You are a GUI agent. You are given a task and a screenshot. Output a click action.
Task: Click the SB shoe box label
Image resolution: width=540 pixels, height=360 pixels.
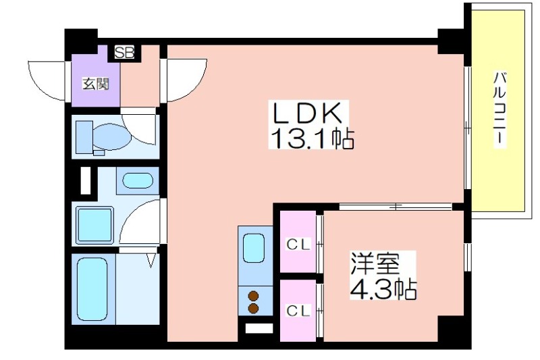pos(124,53)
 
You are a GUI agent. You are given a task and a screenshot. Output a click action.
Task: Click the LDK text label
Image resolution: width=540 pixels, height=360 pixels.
pos(308,113)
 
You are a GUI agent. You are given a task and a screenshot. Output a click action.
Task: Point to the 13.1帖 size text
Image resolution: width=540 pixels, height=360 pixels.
pos(312,138)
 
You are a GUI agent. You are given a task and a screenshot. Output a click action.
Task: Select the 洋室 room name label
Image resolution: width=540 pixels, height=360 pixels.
pos(375,264)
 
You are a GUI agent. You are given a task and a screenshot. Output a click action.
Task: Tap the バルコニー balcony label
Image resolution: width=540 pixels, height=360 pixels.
pos(500,109)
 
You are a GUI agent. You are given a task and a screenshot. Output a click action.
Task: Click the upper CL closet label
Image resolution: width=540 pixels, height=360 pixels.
pos(299,245)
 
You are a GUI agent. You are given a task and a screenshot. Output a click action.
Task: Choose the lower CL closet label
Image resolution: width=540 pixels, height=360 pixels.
pos(299,311)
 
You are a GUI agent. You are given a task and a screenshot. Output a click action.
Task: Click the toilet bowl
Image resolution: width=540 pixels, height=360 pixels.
pos(112,137)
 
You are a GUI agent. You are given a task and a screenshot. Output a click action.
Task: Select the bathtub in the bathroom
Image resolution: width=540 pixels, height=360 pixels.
pos(92,289)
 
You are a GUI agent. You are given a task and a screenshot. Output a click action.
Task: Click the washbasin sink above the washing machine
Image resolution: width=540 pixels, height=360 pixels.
pos(138,181)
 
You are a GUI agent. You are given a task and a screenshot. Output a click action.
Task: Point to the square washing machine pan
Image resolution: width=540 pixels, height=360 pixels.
pos(94,226)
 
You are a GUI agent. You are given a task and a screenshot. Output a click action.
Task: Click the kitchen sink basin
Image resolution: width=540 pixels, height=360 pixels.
pos(254,248)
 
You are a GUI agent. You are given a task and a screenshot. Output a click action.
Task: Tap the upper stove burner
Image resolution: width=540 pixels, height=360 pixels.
pos(254,296)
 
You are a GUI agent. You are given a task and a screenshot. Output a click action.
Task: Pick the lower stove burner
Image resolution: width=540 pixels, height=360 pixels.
pos(254,309)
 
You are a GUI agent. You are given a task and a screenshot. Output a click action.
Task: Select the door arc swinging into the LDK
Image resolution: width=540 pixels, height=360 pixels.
pos(197,87)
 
